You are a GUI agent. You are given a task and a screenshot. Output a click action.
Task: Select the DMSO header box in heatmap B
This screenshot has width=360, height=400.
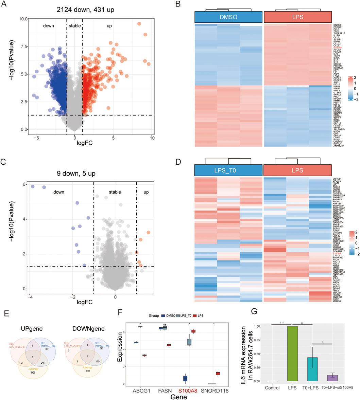coord(228,17)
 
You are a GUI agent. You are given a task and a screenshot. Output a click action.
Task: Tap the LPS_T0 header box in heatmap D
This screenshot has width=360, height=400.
coord(228,170)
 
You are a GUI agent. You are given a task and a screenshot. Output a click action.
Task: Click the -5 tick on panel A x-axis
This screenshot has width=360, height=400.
coord(36,138)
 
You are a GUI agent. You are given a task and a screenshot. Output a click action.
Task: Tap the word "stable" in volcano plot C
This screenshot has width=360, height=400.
coord(115,192)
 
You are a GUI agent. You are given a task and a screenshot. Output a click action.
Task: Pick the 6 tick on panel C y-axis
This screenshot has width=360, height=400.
coord(23,184)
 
